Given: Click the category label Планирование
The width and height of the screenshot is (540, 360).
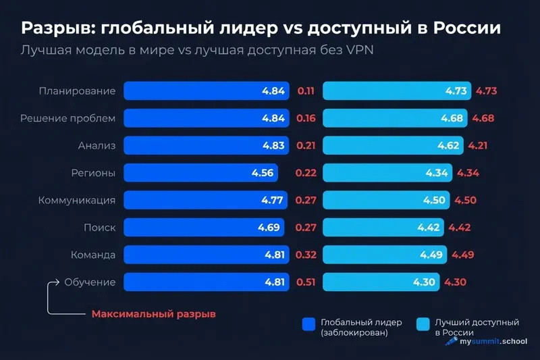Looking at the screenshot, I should point(77,91).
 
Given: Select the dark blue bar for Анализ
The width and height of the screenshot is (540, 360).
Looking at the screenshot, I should point(207,145).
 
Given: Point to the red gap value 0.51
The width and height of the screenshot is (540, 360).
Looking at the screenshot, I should point(306,282).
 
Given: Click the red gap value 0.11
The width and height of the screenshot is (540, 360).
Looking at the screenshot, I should point(306,91).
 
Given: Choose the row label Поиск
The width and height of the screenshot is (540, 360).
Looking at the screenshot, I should point(99,228).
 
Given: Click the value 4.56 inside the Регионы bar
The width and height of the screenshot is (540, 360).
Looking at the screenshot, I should point(262,173).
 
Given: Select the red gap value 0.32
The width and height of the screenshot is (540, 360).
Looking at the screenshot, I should point(306,255).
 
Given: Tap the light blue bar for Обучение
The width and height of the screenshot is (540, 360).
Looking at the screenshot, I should point(381,282).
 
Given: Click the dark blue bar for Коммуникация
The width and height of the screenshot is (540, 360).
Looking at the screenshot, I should point(207,200).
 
